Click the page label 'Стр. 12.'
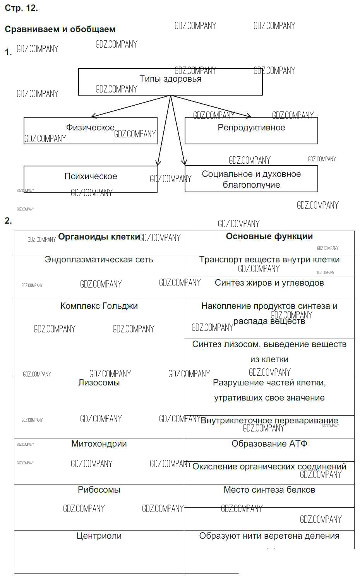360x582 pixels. (21, 8)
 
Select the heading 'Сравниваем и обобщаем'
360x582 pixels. (60, 29)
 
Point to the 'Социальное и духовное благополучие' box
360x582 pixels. (251, 180)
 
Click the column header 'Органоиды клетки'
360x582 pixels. (99, 237)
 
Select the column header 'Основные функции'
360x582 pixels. (269, 236)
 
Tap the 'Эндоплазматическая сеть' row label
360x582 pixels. (99, 260)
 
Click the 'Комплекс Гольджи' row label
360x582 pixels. (99, 306)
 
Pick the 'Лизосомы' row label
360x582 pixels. (99, 383)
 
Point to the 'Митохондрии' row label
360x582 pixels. (99, 444)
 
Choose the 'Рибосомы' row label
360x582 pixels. (99, 490)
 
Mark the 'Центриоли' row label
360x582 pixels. (99, 536)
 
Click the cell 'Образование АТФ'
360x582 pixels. (269, 444)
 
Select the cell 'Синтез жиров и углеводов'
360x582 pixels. (269, 283)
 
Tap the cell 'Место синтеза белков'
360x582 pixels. (269, 490)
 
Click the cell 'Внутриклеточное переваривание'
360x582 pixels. (269, 421)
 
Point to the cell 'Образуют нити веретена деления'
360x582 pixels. (269, 536)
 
